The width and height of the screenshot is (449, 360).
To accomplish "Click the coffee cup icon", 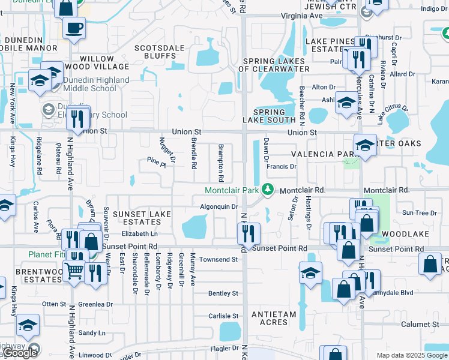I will tap(74, 28).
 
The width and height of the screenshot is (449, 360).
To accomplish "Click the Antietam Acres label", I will tap(274, 318).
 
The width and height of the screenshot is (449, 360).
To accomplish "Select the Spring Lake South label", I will tap(269, 116).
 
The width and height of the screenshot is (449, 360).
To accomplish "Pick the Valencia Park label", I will tap(320, 154).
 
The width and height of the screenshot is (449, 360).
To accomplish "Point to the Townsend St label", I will tap(219, 260).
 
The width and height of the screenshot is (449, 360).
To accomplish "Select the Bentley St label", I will tap(223, 293).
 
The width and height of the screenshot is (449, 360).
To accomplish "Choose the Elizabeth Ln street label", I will tap(139, 233).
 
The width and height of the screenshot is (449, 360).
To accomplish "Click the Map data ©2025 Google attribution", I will tap(411, 355).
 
